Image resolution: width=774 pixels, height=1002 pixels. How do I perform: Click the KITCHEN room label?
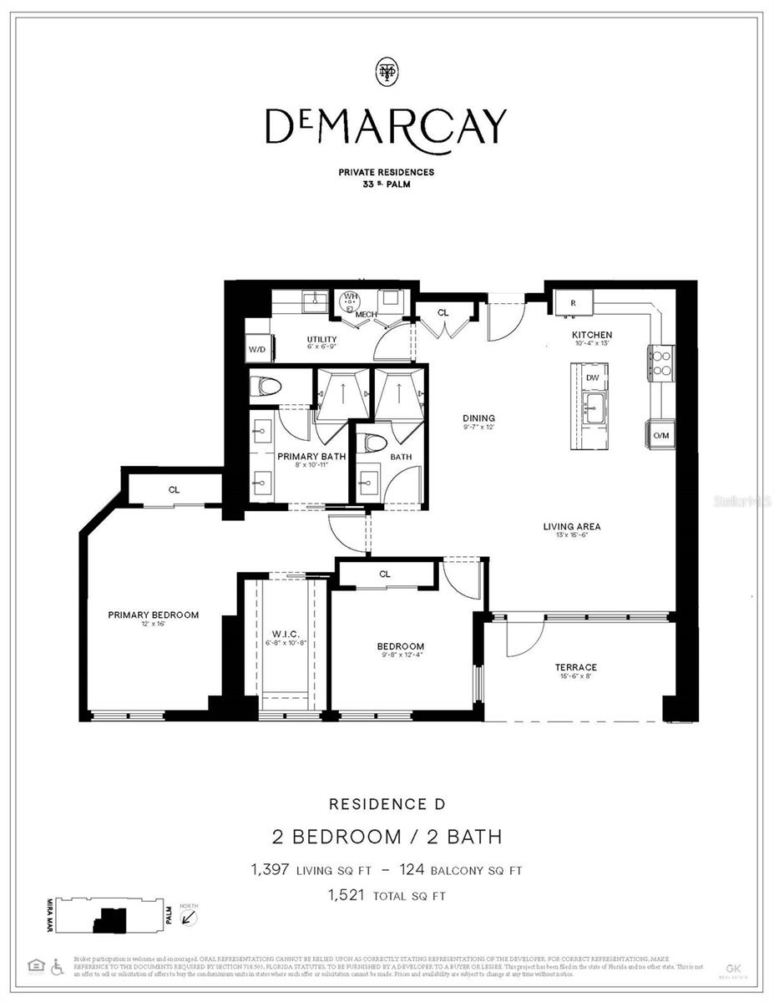pos(592,335)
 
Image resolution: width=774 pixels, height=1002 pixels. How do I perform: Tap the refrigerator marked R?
pos(574,302)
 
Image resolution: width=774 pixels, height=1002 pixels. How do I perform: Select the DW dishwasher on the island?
pos(592,377)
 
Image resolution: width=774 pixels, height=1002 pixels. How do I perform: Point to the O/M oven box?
pos(660,435)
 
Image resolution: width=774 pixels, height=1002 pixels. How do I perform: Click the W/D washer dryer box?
pos(256,349)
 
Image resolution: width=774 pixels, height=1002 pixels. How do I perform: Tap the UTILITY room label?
pos(321,340)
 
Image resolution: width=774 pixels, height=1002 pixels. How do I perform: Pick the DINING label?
pos(479,418)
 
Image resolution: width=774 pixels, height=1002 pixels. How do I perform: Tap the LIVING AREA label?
pos(572,526)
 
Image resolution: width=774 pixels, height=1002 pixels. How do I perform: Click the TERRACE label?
pos(576,667)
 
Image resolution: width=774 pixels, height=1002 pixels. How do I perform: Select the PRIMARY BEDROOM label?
pos(154,615)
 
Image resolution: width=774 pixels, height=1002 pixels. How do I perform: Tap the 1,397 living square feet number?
pos(270,870)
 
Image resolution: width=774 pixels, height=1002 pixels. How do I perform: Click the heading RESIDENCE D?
pos(387,804)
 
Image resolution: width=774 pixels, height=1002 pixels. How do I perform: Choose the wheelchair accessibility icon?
pos(57,966)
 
